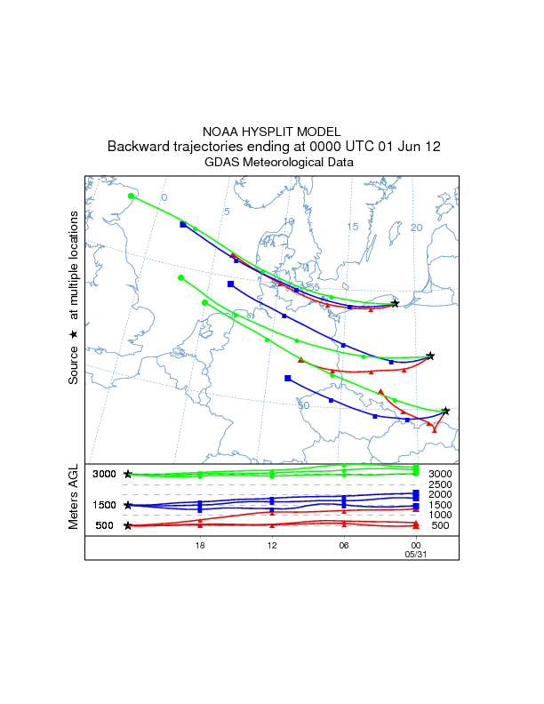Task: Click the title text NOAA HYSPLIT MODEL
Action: pos(272,132)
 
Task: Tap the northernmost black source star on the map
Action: pos(395,303)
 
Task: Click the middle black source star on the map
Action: pos(430,356)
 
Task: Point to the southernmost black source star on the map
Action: pos(445,411)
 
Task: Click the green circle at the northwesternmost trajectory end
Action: pos(132,196)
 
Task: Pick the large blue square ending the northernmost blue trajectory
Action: pos(183,224)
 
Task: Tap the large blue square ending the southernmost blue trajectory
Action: pos(288,378)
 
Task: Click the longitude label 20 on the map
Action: pos(416,228)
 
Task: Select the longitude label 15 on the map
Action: pos(353,227)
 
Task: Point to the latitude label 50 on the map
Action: pos(304,405)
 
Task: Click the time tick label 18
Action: pos(200,545)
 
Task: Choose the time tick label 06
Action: pos(344,545)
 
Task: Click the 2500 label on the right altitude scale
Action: pos(441,484)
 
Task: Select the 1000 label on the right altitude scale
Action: pos(441,515)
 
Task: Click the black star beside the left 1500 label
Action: pos(128,505)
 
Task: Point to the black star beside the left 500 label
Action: pos(128,525)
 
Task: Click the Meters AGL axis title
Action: pos(75,497)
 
